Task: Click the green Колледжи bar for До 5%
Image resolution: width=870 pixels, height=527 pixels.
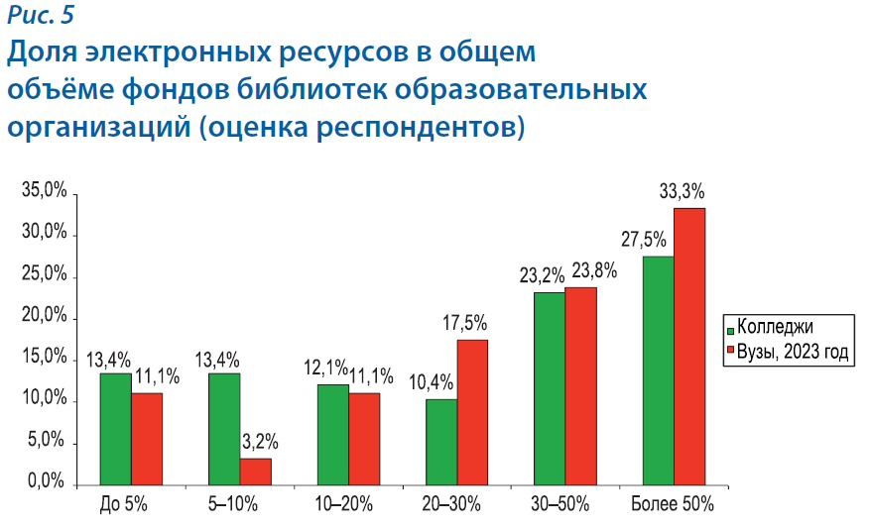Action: coord(115,428)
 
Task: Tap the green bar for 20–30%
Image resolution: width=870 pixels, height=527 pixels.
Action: coord(441,441)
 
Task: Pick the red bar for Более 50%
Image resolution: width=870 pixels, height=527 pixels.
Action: coord(688,346)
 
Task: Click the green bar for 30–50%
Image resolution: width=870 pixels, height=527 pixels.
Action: coord(550,387)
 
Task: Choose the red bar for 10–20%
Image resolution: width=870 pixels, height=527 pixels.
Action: coord(364,438)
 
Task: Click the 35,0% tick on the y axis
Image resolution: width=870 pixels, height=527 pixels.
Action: coord(44,192)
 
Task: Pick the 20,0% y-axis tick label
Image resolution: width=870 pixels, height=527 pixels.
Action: coord(44,317)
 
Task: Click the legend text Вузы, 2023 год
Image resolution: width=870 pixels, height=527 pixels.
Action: coord(796,353)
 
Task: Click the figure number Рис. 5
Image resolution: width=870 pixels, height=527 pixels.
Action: coord(41,14)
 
